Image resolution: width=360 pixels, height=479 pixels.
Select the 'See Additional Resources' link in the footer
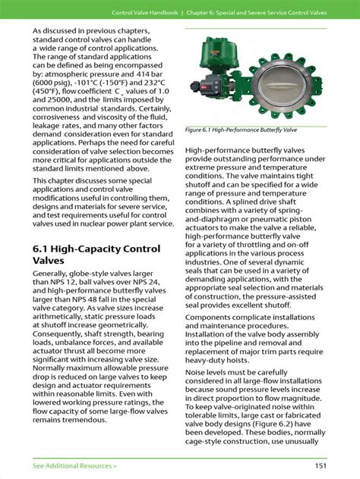pyautogui.click(x=74, y=464)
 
